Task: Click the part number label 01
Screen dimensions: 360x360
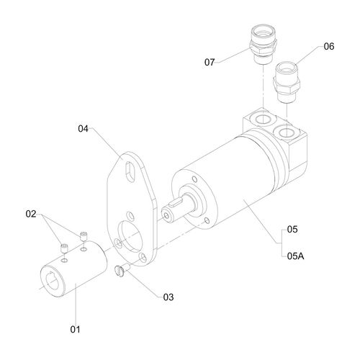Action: click(74, 330)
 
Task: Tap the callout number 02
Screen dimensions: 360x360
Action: click(31, 214)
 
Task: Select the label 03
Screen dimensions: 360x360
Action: click(168, 297)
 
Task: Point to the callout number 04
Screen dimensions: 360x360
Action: click(83, 129)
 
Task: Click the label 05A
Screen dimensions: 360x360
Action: click(296, 255)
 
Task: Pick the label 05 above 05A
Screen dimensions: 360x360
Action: click(292, 230)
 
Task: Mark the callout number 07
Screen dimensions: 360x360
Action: click(210, 62)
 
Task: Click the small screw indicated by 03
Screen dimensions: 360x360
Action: click(120, 271)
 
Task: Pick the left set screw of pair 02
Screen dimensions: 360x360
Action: click(64, 248)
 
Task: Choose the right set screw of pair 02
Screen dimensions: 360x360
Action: click(85, 237)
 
